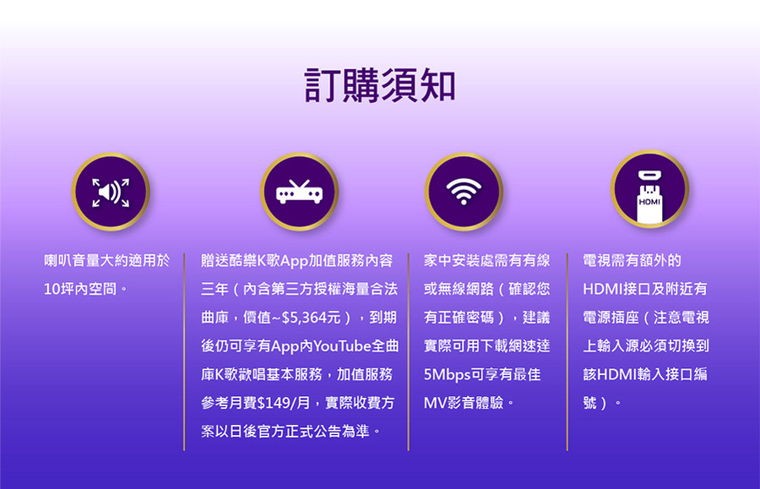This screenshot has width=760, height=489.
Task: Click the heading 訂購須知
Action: pos(380,85)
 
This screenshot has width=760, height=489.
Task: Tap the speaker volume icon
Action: pos(111,192)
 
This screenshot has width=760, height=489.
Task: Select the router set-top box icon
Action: pos(299,192)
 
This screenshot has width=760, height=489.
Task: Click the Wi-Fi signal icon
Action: pos(464,192)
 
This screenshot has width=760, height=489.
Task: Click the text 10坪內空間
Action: pos(80,290)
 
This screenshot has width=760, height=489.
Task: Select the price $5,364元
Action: pos(311,318)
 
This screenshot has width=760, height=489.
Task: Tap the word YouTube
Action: pos(342,346)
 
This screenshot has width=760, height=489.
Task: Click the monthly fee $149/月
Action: pos(284,403)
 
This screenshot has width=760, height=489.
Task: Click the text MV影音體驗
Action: pos(464,403)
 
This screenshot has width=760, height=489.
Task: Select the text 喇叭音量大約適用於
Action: pos(106,261)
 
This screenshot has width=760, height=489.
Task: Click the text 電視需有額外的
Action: pos(632,261)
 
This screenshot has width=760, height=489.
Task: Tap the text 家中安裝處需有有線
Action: pos(486,261)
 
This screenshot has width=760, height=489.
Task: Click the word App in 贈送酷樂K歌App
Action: pos(294,262)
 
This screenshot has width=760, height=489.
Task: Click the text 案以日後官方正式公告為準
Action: pos(285,432)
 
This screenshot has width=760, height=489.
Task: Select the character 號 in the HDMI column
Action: pos(590,403)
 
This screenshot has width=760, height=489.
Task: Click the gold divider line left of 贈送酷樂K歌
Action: pos(184,352)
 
